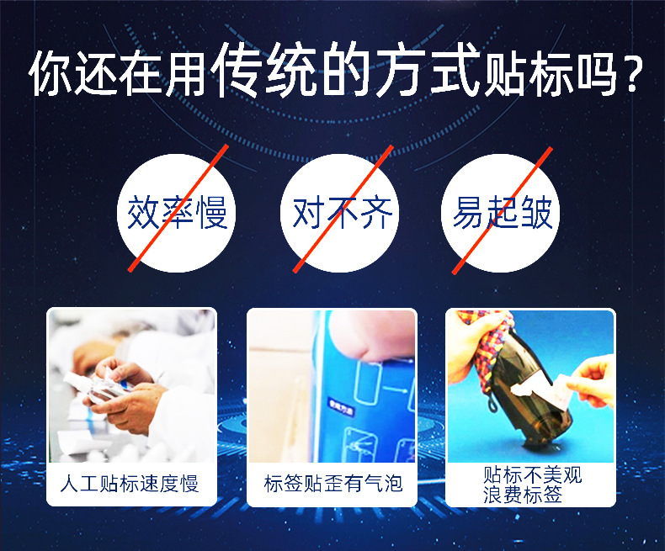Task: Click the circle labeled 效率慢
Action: (177, 211)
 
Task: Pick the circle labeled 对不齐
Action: (340, 211)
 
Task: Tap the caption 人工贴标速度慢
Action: (130, 484)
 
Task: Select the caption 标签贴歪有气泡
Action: (332, 484)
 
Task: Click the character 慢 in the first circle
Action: (211, 214)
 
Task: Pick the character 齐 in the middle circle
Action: (375, 214)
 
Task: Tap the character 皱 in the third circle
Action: (536, 214)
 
